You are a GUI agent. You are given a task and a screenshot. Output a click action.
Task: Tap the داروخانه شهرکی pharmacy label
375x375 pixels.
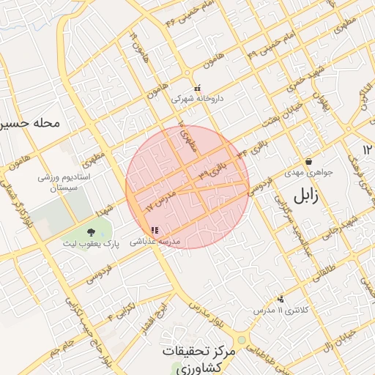point(197,97)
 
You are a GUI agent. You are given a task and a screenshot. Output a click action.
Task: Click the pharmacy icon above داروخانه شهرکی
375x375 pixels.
point(197,88)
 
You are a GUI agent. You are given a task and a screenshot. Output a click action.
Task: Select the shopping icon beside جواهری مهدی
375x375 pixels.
point(308,162)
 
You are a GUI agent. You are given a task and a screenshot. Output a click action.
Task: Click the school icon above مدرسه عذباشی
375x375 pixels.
point(154,231)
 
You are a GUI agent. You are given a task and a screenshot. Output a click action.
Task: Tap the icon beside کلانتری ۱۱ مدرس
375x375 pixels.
point(281,299)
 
